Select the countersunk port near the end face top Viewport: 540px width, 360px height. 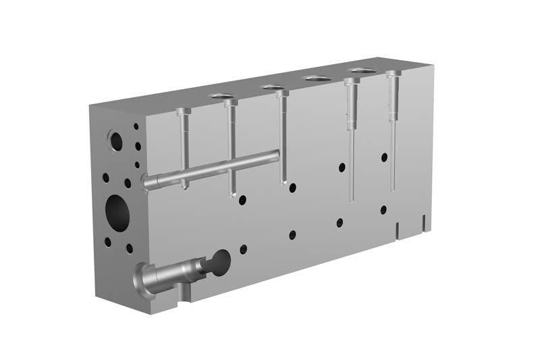point(115,141)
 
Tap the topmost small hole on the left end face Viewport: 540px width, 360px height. point(136,126)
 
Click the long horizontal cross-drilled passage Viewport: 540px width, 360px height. point(216,169)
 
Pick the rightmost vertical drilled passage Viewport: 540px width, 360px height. point(392,128)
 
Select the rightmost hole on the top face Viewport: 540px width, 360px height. point(362,71)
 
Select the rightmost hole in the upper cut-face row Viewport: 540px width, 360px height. point(384,157)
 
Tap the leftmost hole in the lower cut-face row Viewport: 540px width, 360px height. point(243,249)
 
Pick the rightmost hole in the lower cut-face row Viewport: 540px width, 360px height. point(383,210)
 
